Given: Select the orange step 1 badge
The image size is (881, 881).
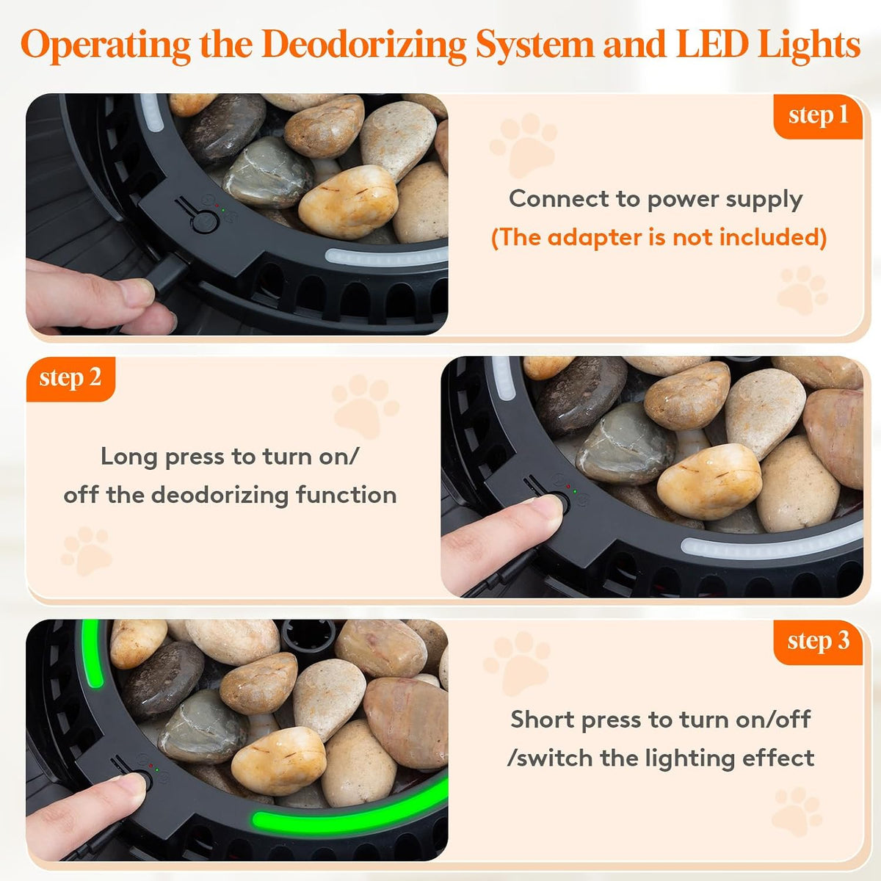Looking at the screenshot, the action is pyautogui.click(x=818, y=116).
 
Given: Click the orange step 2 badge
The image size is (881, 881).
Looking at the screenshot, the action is pyautogui.click(x=70, y=379).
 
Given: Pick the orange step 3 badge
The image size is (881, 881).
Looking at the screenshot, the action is pyautogui.click(x=818, y=642).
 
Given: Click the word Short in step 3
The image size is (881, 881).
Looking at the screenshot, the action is pyautogui.click(x=543, y=719).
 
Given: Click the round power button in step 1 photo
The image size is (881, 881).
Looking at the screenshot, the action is pyautogui.click(x=204, y=222).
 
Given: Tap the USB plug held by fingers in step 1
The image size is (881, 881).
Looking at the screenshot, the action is pyautogui.click(x=168, y=272).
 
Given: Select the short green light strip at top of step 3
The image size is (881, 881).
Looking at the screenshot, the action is pyautogui.click(x=92, y=654).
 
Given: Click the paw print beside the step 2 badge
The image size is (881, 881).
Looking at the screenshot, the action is pyautogui.click(x=365, y=405).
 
